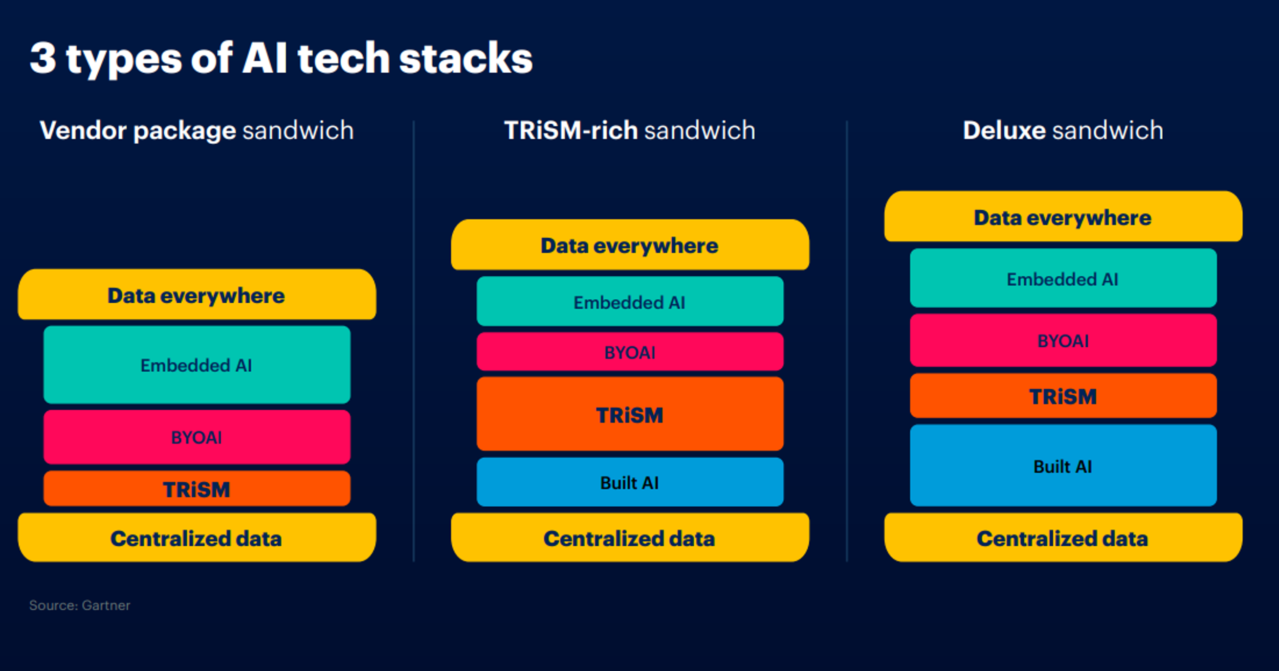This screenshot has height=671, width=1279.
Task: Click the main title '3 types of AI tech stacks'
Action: click(281, 59)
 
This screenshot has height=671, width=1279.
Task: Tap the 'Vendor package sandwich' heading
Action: click(197, 131)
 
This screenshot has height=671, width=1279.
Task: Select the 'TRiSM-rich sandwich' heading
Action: click(630, 131)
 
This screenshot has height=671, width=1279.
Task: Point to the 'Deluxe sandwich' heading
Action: click(1063, 131)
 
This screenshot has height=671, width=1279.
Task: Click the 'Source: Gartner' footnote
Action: click(79, 605)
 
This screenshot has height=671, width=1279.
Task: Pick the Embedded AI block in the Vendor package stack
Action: click(197, 364)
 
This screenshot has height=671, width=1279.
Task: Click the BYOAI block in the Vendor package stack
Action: click(197, 437)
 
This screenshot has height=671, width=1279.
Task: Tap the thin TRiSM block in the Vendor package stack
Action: click(197, 489)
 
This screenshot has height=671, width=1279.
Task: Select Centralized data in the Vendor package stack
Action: click(197, 538)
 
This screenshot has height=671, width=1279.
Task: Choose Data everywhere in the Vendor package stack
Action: click(197, 294)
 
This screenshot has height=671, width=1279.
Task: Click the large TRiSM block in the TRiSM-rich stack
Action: click(630, 414)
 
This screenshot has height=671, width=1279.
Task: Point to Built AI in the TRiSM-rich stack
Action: click(630, 482)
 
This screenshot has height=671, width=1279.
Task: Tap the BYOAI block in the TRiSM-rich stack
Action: click(630, 352)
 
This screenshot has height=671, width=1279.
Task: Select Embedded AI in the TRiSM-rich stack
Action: click(630, 301)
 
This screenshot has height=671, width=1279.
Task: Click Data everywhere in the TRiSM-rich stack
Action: click(630, 245)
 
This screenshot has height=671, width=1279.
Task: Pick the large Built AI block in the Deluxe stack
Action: click(1063, 466)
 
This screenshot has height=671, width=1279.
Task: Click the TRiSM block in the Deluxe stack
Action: click(1063, 396)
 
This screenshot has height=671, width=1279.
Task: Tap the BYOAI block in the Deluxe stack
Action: click(1063, 341)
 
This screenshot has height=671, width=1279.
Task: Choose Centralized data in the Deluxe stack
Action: click(1063, 538)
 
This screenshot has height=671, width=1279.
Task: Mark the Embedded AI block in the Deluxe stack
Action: click(1063, 278)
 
